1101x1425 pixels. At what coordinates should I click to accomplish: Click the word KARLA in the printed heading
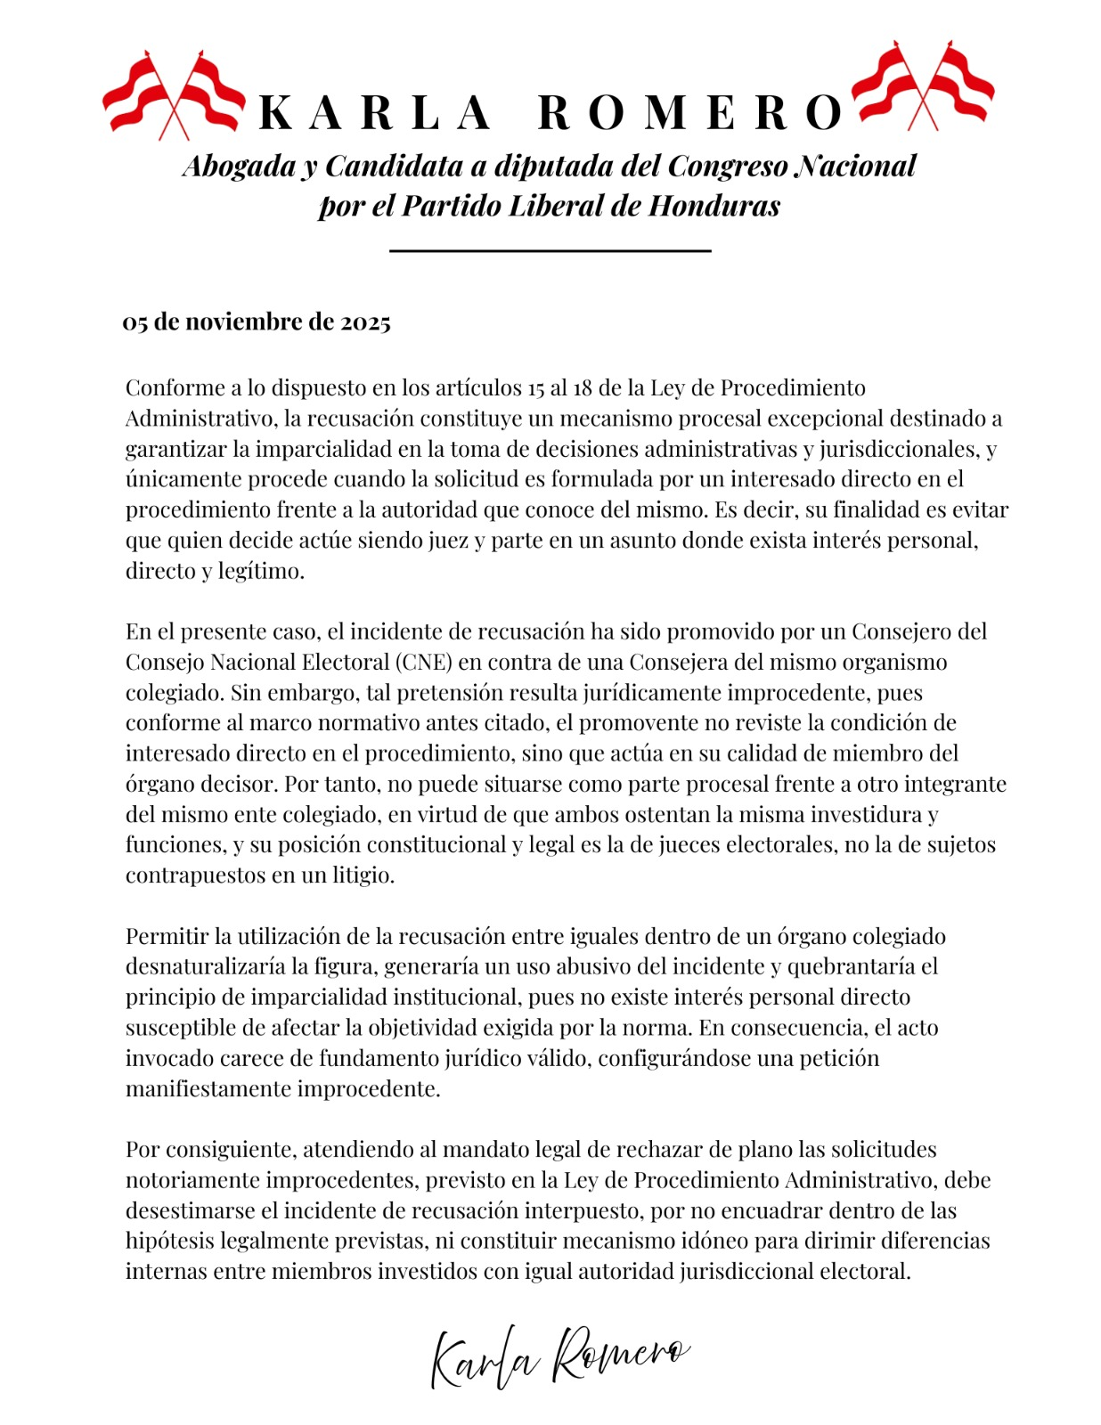pyautogui.click(x=375, y=112)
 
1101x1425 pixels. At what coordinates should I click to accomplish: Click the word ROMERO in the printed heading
pyautogui.click(x=690, y=112)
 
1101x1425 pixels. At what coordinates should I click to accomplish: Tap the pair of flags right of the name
pyautogui.click(x=923, y=85)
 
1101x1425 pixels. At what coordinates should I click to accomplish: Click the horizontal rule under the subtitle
pyautogui.click(x=550, y=251)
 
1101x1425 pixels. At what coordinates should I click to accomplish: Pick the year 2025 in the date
pyautogui.click(x=365, y=322)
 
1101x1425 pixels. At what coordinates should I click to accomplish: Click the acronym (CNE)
pyautogui.click(x=426, y=663)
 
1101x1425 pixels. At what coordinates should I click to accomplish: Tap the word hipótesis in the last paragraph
pyautogui.click(x=170, y=1242)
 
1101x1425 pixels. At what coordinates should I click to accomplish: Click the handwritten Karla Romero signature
pyautogui.click(x=559, y=1355)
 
